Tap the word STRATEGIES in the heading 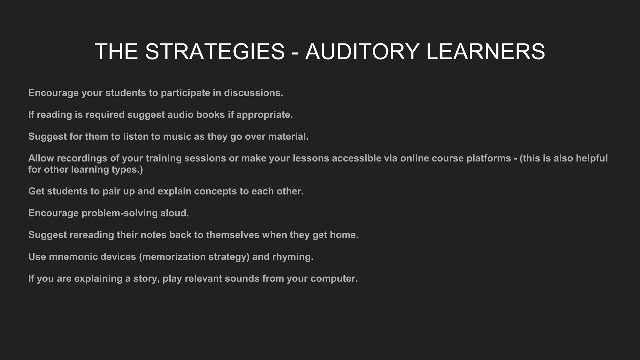(x=215, y=52)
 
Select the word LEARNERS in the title (x=486, y=52)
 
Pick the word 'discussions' (x=253, y=93)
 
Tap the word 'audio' (x=180, y=115)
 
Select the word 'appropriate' (x=264, y=115)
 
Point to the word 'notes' (x=153, y=235)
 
